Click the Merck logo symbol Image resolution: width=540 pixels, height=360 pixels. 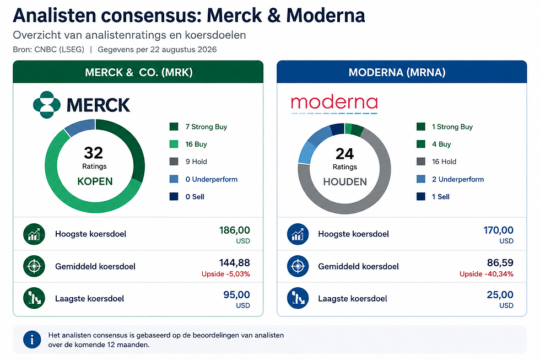(x=47, y=105)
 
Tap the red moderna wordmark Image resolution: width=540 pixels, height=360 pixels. (x=334, y=103)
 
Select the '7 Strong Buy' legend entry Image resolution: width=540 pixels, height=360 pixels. (x=198, y=127)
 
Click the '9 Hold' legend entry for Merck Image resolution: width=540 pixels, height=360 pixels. (x=188, y=162)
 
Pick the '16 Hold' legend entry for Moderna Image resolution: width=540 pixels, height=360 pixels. (x=436, y=162)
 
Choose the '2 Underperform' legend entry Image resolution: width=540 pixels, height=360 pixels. (x=450, y=179)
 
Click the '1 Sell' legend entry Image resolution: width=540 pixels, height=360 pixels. (x=433, y=197)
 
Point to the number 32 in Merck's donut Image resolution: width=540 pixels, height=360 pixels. (x=93, y=153)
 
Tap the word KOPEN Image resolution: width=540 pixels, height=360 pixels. (x=95, y=181)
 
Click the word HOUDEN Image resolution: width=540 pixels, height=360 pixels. (x=345, y=182)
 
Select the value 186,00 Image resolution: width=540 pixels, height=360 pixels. (x=235, y=230)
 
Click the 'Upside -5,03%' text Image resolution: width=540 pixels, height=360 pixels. (x=226, y=274)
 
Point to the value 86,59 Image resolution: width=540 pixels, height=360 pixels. (x=500, y=263)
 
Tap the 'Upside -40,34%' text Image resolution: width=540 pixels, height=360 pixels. (x=486, y=274)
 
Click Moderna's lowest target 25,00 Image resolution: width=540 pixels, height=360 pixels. (x=500, y=295)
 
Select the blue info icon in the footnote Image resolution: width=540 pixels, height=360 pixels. (x=32, y=340)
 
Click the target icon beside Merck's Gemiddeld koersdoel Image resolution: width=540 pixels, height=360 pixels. (x=34, y=266)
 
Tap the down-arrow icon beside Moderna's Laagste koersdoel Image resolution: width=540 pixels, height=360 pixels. (x=298, y=298)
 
